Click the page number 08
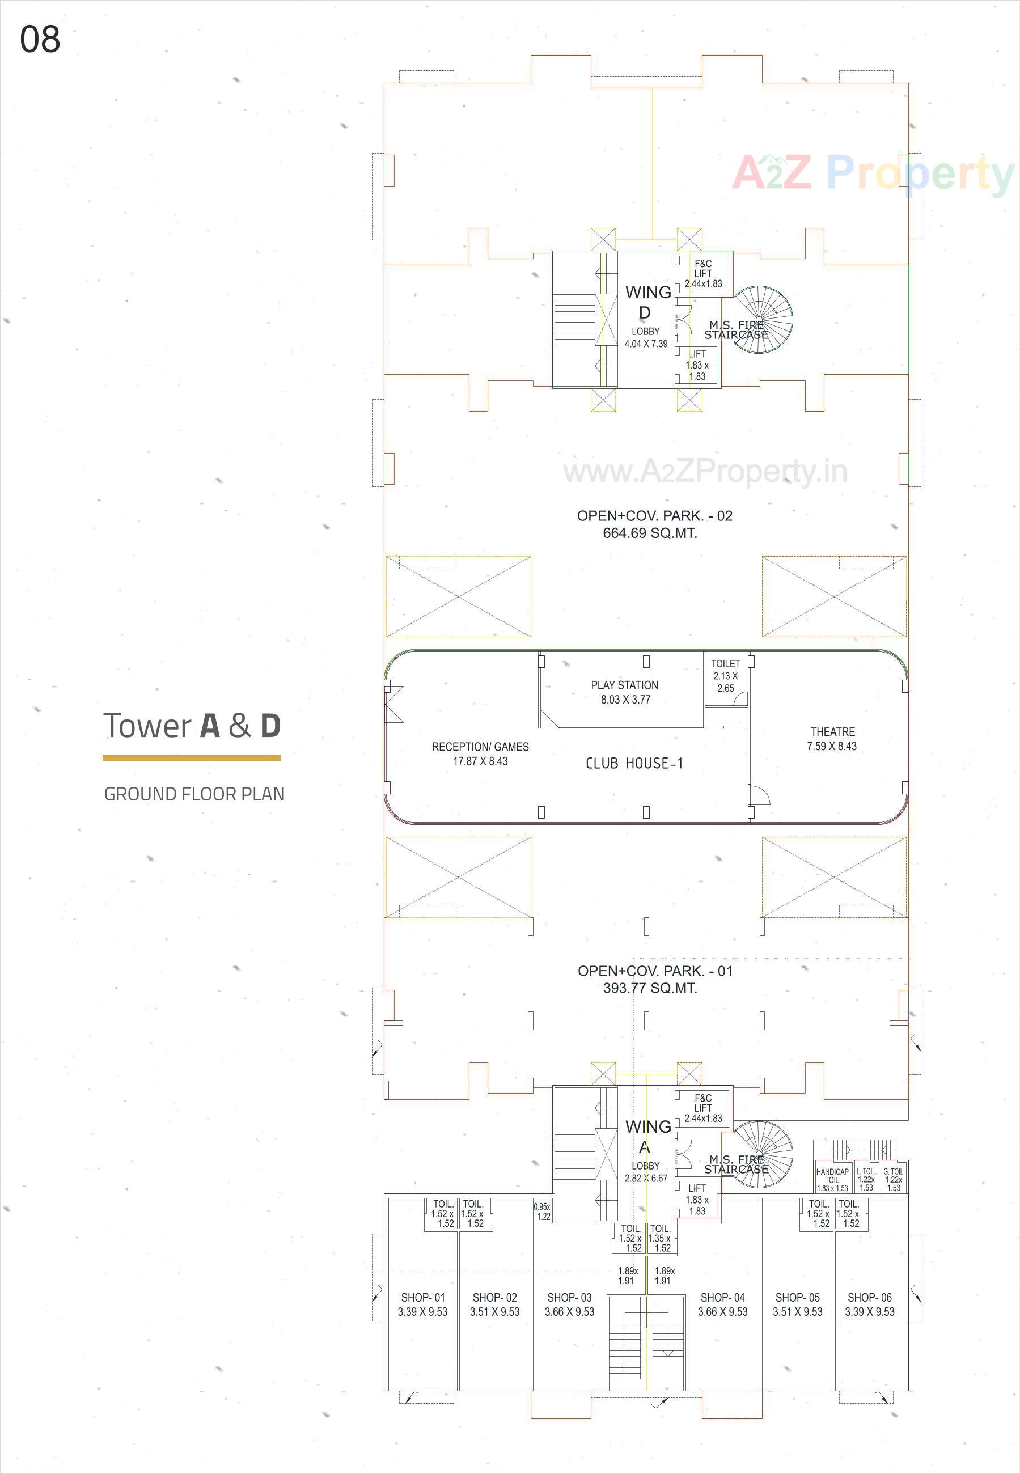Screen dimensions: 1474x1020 pos(40,40)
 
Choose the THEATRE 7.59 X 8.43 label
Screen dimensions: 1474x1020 pos(832,739)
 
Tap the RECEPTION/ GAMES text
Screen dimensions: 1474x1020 pos(480,747)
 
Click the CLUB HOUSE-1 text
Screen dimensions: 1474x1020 pos(634,764)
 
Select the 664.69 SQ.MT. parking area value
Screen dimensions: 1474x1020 pos(649,533)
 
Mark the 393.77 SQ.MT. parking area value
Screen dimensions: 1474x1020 pos(649,988)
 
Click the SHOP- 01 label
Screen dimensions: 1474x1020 pos(422,1298)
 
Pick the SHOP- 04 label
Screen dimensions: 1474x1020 pos(722,1298)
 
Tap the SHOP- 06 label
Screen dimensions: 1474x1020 pos(869,1298)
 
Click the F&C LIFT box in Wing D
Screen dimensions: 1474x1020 pos(703,273)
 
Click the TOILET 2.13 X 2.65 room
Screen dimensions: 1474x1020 pos(725,676)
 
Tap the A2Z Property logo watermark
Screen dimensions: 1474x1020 pos(873,173)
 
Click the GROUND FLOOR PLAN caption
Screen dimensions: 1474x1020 pos(194,794)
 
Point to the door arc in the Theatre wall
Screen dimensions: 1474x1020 pos(760,795)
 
